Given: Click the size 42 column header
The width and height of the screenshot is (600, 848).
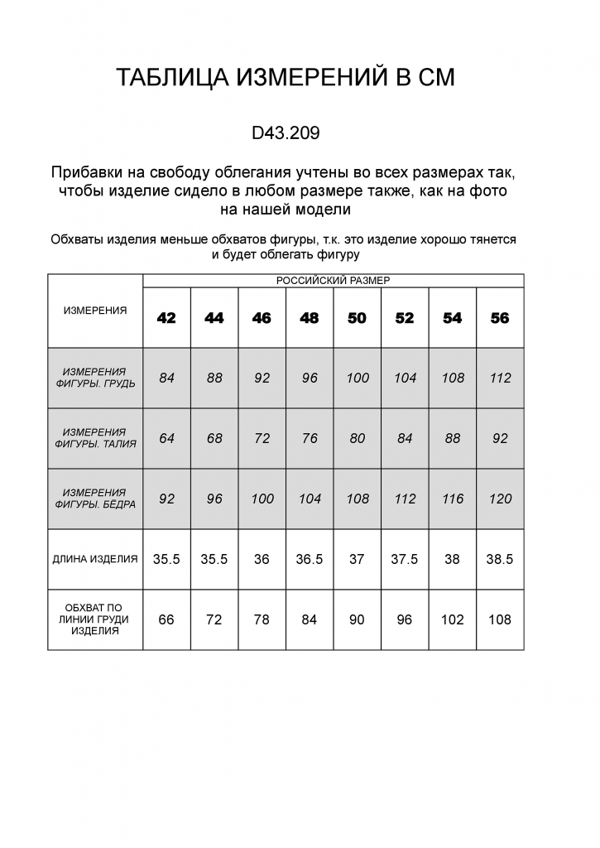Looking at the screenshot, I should pyautogui.click(x=166, y=318).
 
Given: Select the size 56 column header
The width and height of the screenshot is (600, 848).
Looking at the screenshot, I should pyautogui.click(x=500, y=318).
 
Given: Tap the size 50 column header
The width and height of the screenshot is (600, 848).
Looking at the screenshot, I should pyautogui.click(x=357, y=318).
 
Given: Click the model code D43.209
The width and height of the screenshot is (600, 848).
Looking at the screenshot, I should pyautogui.click(x=286, y=132).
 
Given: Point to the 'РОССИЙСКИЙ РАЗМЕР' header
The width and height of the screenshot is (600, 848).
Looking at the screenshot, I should pyautogui.click(x=333, y=281).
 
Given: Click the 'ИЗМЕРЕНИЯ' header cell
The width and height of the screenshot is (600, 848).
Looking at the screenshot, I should pyautogui.click(x=95, y=311).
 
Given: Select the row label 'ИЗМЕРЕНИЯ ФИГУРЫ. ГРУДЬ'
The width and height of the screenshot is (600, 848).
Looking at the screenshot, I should pyautogui.click(x=95, y=378).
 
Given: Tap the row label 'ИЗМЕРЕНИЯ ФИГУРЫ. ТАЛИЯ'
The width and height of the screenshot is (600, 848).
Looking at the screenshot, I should pyautogui.click(x=95, y=438).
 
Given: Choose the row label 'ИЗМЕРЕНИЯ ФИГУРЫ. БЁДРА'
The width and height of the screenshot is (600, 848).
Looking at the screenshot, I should pyautogui.click(x=95, y=499).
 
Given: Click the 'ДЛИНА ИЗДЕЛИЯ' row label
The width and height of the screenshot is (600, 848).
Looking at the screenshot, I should pyautogui.click(x=95, y=559).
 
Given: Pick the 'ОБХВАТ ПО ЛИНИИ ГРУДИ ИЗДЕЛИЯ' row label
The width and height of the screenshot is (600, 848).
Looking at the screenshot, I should pyautogui.click(x=95, y=619).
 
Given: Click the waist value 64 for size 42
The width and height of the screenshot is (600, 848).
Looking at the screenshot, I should pyautogui.click(x=166, y=438).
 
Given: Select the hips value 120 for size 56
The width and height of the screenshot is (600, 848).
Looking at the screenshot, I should pyautogui.click(x=500, y=499).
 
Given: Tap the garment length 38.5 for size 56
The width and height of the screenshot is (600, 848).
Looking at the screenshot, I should pyautogui.click(x=500, y=559).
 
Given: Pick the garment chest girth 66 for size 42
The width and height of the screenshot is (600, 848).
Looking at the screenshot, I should pyautogui.click(x=166, y=619).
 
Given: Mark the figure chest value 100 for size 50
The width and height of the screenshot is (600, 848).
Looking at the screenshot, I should pyautogui.click(x=358, y=378).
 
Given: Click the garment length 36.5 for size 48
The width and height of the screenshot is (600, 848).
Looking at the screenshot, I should pyautogui.click(x=310, y=559).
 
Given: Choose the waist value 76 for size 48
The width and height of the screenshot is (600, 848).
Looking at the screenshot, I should pyautogui.click(x=310, y=438).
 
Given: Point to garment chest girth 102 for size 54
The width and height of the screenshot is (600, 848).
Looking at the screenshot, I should pyautogui.click(x=453, y=619).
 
